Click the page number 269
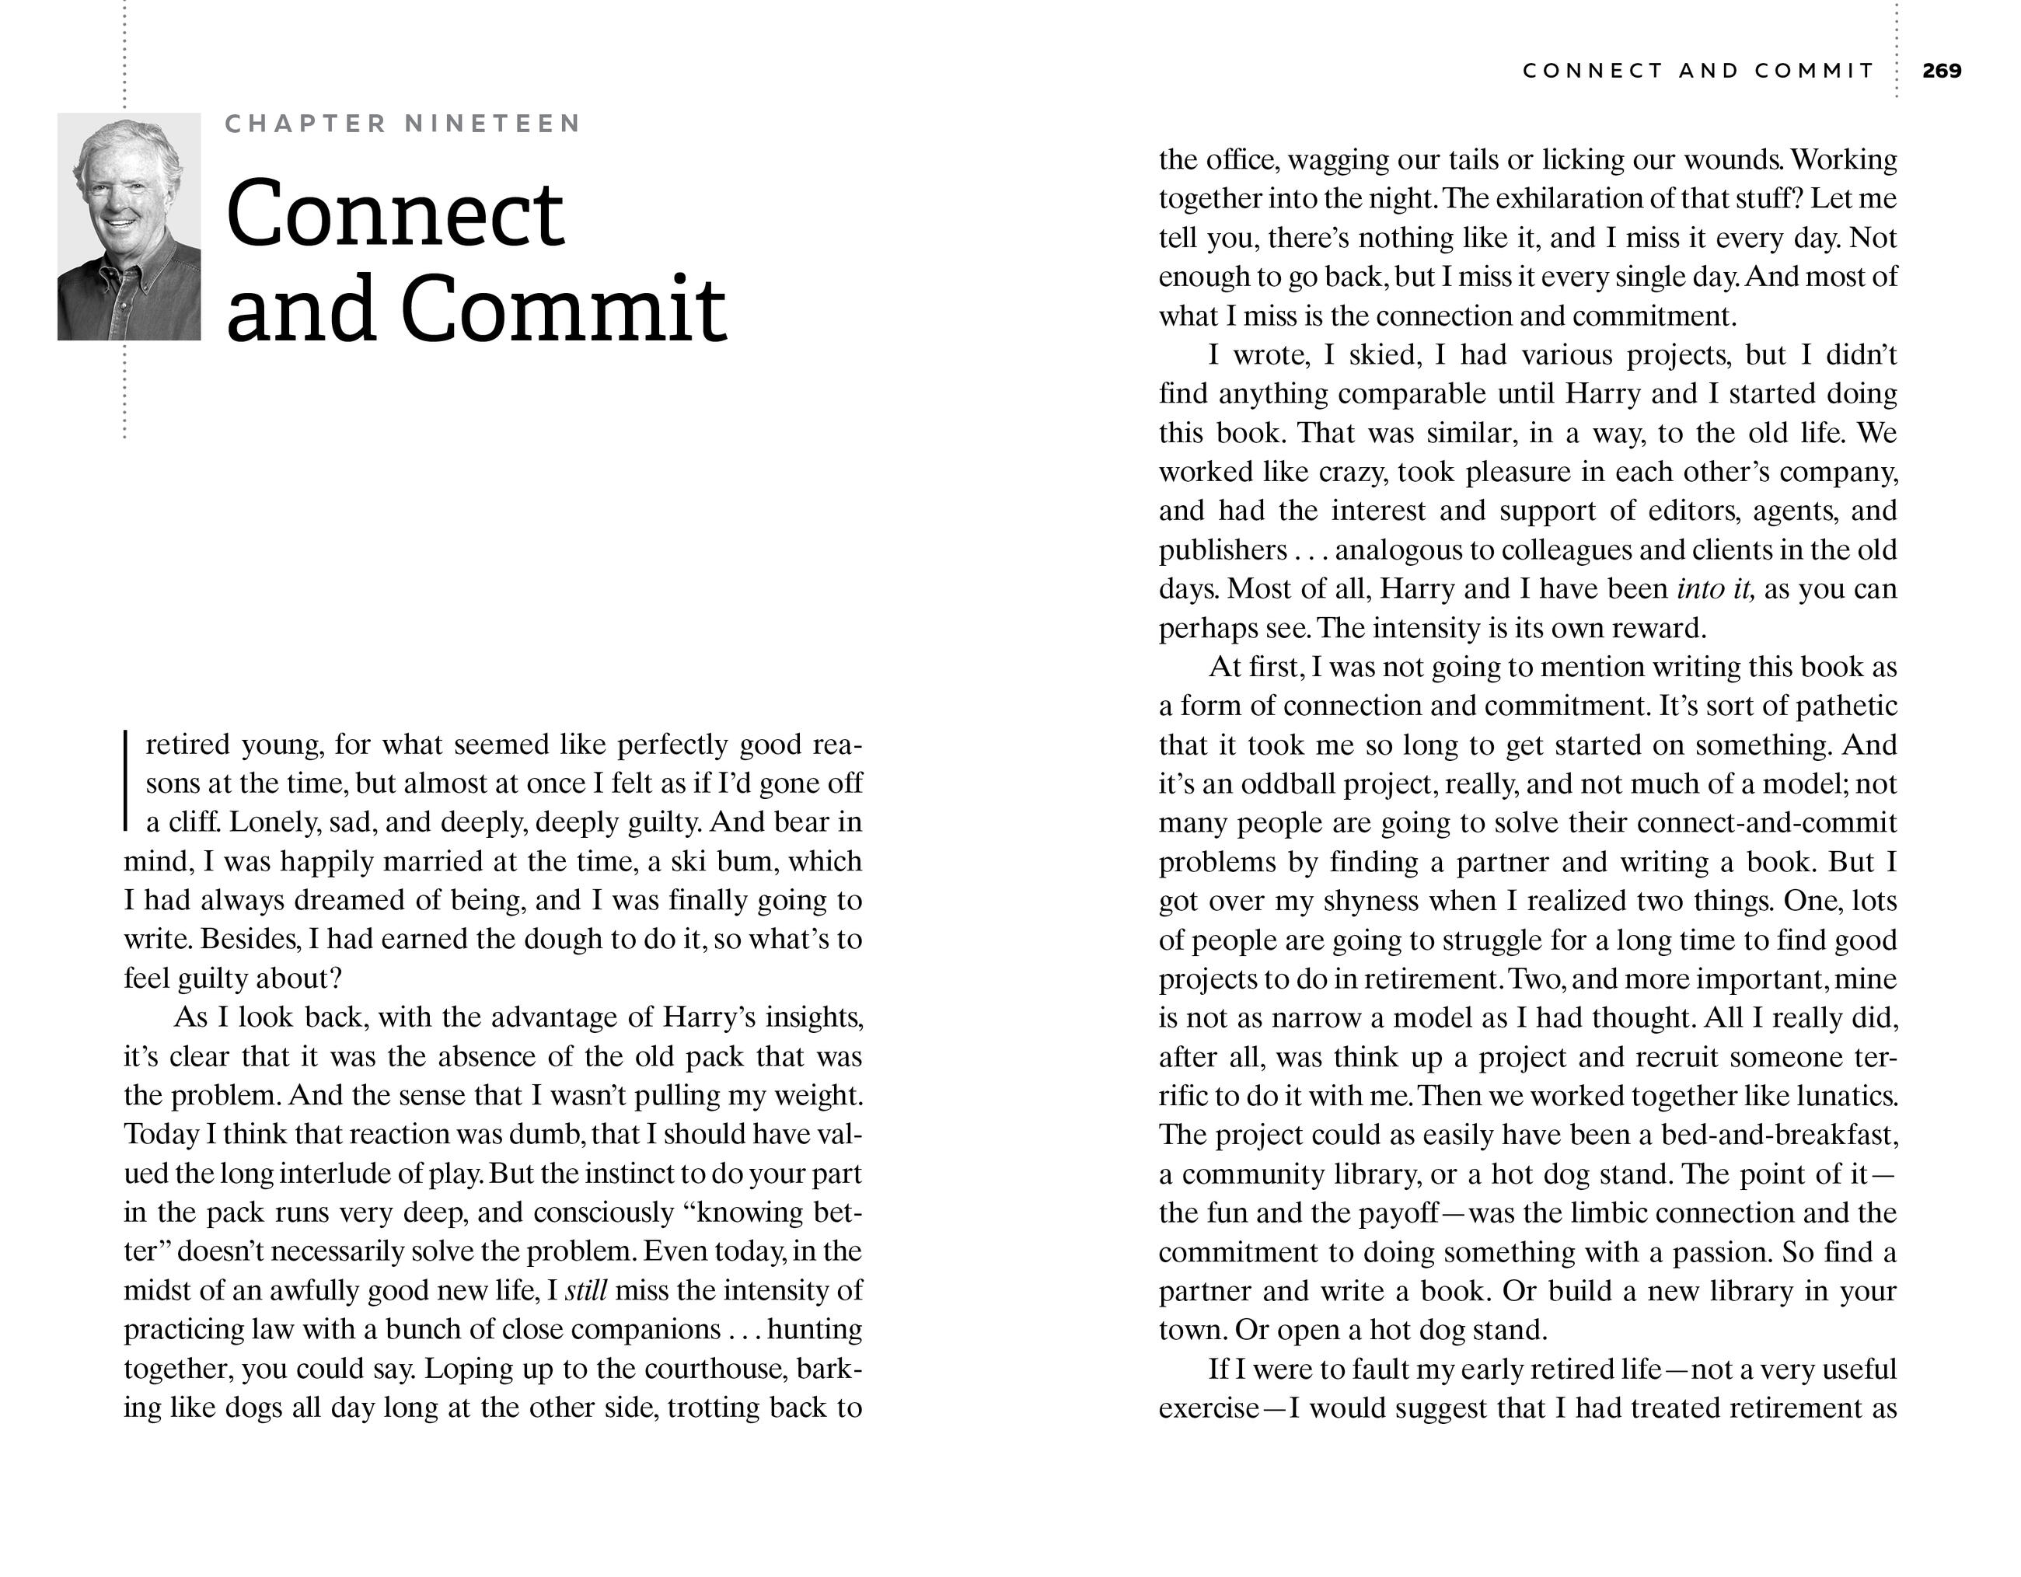pos(1942,70)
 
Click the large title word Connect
pos(395,214)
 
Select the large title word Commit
pos(564,309)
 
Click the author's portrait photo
pos(128,227)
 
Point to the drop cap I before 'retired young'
pos(126,782)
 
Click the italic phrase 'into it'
pos(1715,588)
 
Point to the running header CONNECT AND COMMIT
pos(1698,70)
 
